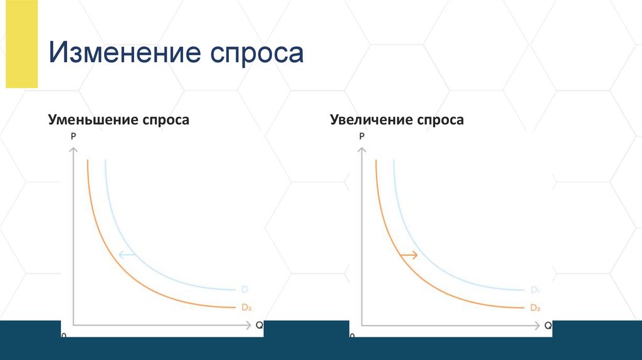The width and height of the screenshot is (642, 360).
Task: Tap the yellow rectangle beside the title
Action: pos(21,44)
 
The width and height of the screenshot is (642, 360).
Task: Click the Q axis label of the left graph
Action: pos(259,326)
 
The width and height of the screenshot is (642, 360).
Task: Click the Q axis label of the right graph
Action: pos(547,326)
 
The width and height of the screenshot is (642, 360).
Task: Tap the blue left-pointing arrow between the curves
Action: pos(127,254)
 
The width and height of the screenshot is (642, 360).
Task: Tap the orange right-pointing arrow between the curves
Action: pos(409,255)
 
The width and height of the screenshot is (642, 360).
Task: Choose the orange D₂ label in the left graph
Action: pos(246,307)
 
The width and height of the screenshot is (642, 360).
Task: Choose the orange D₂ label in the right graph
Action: pos(535,307)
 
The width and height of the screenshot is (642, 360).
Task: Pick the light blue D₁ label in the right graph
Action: pos(535,290)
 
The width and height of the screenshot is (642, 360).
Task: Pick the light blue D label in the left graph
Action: pos(245,290)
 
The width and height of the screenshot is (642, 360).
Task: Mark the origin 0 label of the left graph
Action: pos(64,337)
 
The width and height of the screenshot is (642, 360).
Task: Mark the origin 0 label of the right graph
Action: pos(352,337)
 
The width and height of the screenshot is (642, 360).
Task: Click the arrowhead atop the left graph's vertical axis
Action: pos(73,149)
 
